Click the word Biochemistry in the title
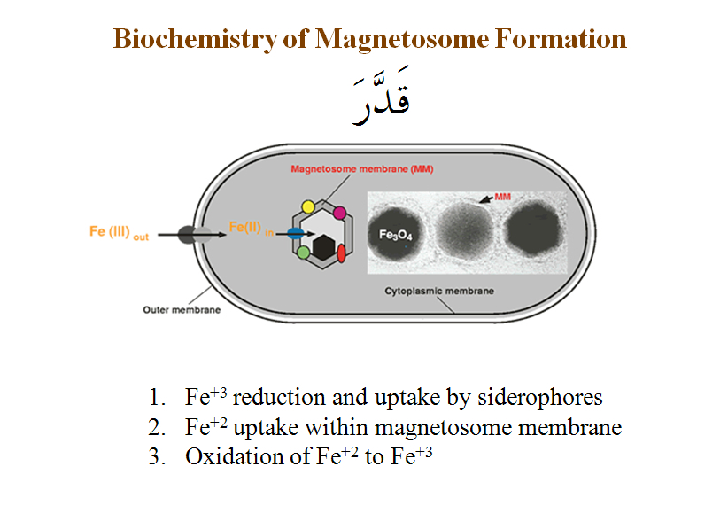[196, 39]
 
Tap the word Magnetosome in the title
[401, 39]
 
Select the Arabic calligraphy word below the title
[382, 95]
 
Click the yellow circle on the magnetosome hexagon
[308, 206]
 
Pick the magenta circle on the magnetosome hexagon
[340, 213]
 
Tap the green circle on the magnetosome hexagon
[303, 253]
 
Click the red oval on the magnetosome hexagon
[341, 253]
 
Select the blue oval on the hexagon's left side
[296, 233]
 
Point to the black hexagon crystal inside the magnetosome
[323, 247]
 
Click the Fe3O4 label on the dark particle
[396, 235]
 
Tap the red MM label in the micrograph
[502, 197]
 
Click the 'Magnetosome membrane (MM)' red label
[362, 169]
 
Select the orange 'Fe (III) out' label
[119, 232]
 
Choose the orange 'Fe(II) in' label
[251, 228]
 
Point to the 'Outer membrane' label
[182, 310]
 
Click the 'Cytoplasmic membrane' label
[439, 292]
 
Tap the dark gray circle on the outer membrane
[188, 235]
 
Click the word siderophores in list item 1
[540, 398]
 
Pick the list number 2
[157, 427]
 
